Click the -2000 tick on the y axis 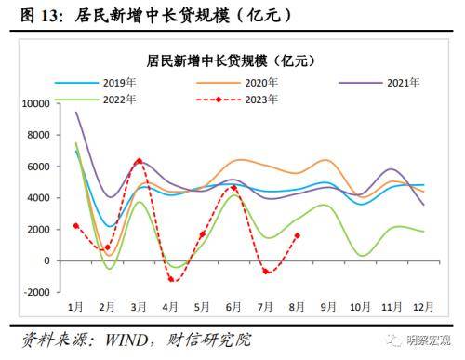pyautogui.click(x=36, y=292)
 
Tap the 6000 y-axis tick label pyautogui.click(x=40, y=167)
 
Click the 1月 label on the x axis pyautogui.click(x=75, y=307)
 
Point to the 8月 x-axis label pyautogui.click(x=296, y=307)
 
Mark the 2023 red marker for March pyautogui.click(x=139, y=161)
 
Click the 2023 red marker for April pyautogui.click(x=170, y=279)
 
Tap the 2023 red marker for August pyautogui.click(x=297, y=234)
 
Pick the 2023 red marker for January pyautogui.click(x=75, y=225)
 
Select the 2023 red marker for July pyautogui.click(x=265, y=272)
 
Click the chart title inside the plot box pyautogui.click(x=232, y=60)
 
